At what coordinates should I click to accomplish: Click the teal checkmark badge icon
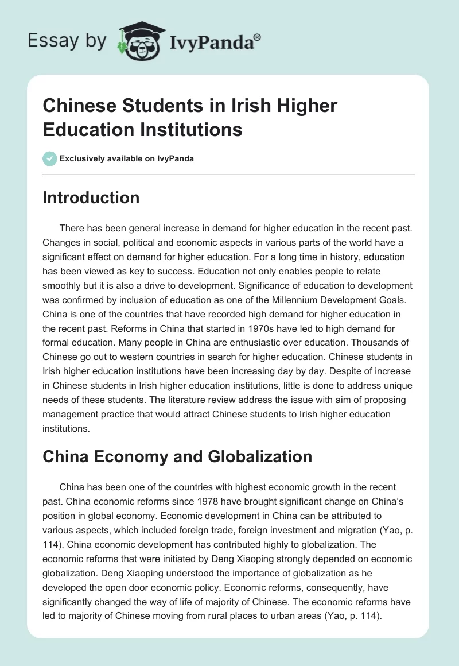coord(50,158)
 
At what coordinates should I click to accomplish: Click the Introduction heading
coord(91,198)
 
